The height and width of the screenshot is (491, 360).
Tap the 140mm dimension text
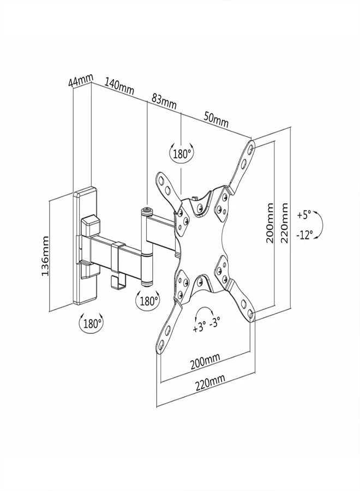(120, 89)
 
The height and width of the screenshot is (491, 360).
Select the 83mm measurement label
(164, 100)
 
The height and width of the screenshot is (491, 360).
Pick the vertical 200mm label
(270, 224)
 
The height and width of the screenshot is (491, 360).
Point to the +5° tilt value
(304, 215)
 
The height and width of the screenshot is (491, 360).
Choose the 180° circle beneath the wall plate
(91, 323)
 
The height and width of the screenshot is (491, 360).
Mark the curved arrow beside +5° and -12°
(322, 225)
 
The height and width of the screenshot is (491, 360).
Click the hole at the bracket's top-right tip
(250, 147)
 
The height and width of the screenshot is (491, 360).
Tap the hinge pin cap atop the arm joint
(147, 208)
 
